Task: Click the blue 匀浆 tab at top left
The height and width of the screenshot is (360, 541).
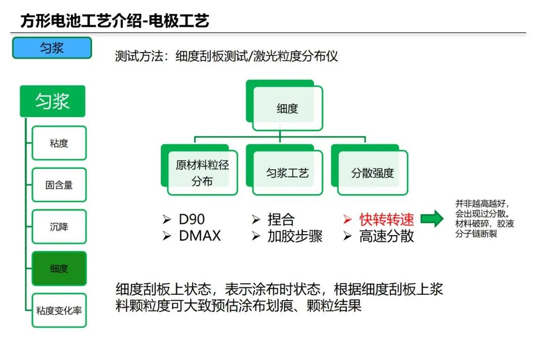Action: (x=52, y=48)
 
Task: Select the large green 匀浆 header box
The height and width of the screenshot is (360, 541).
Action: (x=53, y=101)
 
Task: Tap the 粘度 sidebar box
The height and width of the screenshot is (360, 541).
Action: (x=59, y=143)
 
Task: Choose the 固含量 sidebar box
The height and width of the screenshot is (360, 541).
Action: (x=59, y=185)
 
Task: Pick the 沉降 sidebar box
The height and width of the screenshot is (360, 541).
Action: (x=59, y=227)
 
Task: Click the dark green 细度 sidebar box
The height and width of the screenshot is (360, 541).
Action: (x=59, y=268)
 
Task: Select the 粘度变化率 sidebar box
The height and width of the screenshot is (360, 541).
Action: (x=59, y=310)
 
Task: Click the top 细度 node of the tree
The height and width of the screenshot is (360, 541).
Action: (x=287, y=108)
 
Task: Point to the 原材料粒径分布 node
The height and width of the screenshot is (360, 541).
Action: (x=202, y=173)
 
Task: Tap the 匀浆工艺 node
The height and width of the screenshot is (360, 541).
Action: (x=287, y=173)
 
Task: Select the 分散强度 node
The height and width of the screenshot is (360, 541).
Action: (x=372, y=173)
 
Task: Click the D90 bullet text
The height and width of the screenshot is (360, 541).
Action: (x=192, y=219)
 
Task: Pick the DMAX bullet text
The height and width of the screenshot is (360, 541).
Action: (x=200, y=236)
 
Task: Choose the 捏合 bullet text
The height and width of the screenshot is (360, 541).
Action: (x=281, y=219)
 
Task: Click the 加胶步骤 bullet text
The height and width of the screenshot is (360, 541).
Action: (x=295, y=236)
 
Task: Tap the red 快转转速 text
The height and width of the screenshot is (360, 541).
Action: (x=387, y=219)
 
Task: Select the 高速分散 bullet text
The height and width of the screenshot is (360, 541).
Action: (x=387, y=236)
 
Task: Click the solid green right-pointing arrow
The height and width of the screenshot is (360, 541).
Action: (x=432, y=219)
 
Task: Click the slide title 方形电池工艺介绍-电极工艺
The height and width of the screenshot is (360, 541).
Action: (x=115, y=21)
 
